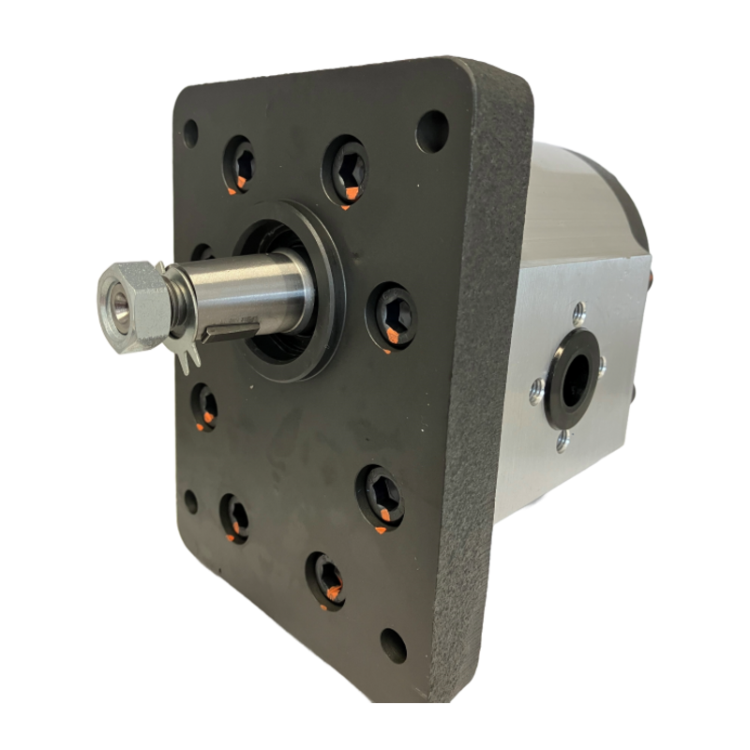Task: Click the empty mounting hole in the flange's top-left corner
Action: pos(191,128)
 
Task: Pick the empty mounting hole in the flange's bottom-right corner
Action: pos(391,643)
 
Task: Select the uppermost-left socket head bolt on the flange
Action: pos(238,160)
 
